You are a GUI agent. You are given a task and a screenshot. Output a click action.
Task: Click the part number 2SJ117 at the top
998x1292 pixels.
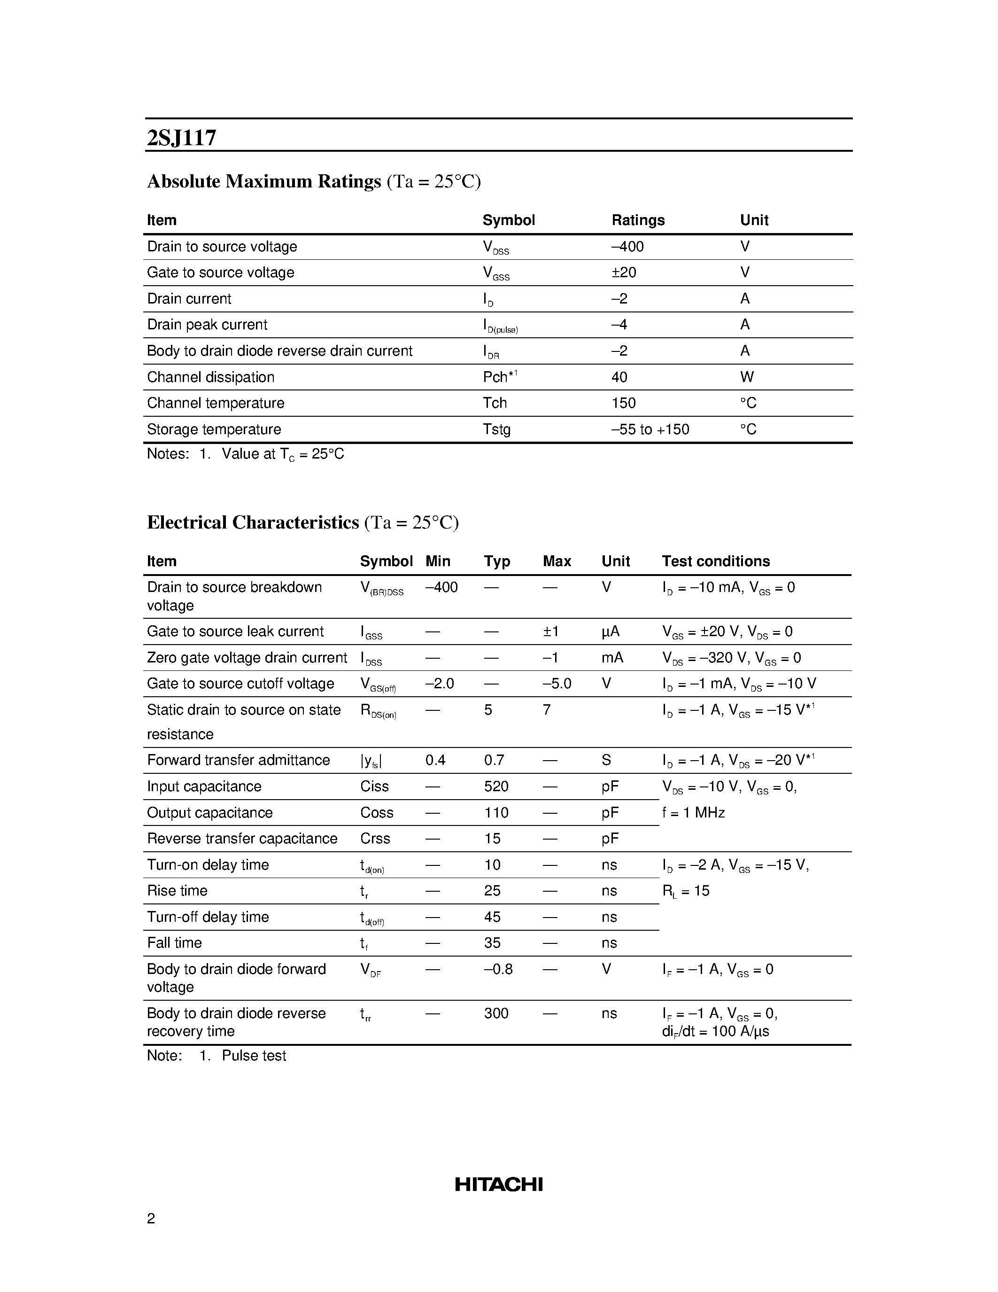point(181,138)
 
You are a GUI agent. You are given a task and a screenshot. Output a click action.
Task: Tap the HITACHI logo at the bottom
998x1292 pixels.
point(498,1184)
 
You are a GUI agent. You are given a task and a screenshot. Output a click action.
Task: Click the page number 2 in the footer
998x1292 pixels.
point(151,1218)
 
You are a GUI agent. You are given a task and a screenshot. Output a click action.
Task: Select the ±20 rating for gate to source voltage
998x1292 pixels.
point(623,272)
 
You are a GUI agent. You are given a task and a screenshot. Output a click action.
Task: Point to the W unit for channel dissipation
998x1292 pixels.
point(747,377)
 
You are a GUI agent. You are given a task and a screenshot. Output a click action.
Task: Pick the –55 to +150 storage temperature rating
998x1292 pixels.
point(650,429)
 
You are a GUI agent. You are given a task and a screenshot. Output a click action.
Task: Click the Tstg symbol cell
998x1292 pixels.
point(496,429)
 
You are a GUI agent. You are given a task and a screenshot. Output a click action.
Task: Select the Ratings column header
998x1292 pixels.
point(637,220)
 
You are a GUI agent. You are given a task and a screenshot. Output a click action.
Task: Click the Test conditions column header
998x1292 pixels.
point(715,561)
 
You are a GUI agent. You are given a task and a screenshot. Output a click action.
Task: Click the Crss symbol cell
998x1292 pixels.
point(375,838)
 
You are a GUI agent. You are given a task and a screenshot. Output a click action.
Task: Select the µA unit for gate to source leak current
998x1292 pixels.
point(610,631)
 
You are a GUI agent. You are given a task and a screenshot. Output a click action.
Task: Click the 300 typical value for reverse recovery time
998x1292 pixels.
point(496,1013)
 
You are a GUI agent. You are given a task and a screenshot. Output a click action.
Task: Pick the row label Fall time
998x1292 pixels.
point(174,942)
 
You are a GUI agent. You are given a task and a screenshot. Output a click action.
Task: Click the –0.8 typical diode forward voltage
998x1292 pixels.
point(498,969)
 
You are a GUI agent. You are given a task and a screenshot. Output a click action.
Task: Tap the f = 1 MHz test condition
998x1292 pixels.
point(693,812)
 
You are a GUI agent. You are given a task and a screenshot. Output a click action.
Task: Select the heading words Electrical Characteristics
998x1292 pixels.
point(253,522)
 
